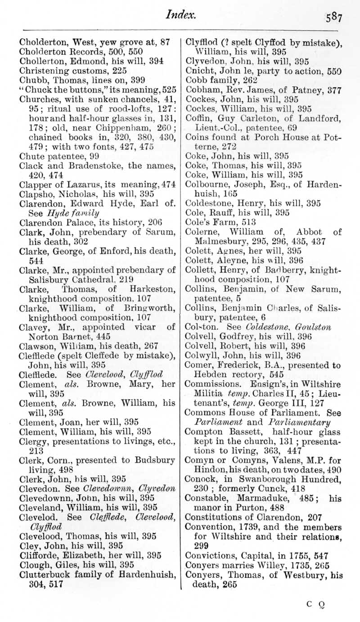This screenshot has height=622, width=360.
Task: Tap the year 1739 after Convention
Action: tap(243, 527)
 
